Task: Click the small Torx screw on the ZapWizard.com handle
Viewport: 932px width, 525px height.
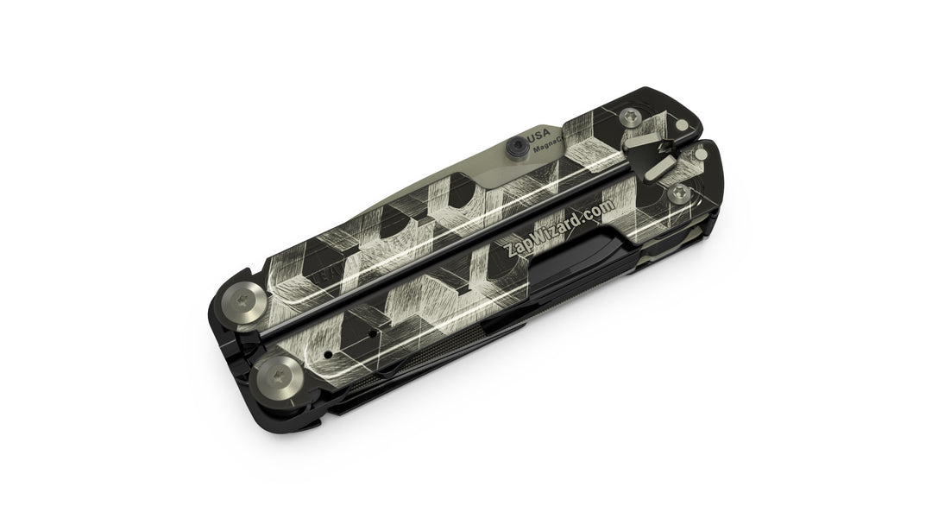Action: click(681, 193)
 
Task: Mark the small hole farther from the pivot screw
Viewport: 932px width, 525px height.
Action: click(371, 332)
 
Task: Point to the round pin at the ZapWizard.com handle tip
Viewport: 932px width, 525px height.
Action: click(702, 155)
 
